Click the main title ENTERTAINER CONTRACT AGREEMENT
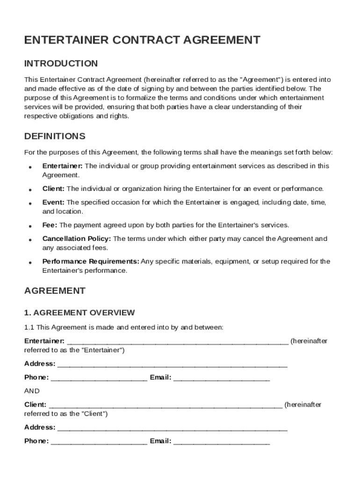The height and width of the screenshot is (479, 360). click(142, 40)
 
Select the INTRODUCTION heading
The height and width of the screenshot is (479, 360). click(61, 64)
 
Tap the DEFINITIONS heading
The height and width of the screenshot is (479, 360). click(55, 137)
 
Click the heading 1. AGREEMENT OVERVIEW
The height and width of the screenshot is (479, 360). click(79, 312)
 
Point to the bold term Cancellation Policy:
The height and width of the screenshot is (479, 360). click(77, 239)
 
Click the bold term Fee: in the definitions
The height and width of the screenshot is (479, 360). click(50, 225)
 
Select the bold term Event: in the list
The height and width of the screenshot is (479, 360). click(53, 202)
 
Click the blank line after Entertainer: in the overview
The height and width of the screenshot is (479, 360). click(178, 341)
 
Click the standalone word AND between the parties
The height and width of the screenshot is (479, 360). click(32, 391)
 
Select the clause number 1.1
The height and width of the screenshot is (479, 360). click(29, 327)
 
